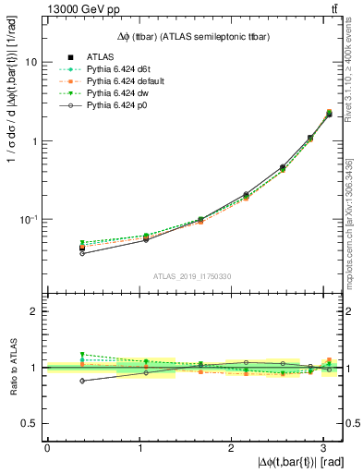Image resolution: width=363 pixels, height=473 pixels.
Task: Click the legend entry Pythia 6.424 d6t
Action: coord(115,69)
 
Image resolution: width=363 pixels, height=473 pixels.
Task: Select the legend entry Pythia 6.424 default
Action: coord(121,82)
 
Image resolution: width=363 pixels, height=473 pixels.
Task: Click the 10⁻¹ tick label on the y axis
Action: coord(28,220)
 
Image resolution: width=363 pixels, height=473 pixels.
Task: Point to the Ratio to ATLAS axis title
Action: coord(12,366)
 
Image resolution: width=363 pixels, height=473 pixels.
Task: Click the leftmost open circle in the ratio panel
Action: coord(82,381)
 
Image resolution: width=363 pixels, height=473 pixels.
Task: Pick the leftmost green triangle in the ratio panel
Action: coord(82,354)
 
